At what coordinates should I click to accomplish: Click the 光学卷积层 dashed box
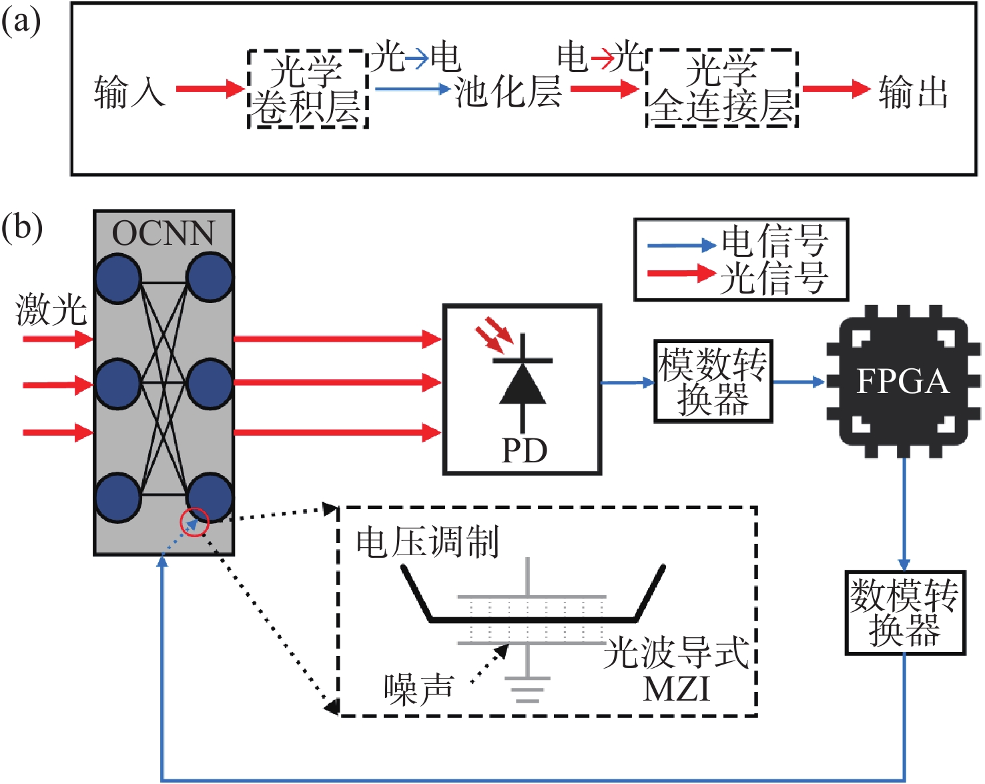click(x=308, y=89)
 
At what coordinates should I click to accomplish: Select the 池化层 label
click(x=507, y=91)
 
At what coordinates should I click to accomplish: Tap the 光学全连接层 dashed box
click(x=722, y=88)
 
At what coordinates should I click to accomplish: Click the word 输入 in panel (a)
click(x=129, y=91)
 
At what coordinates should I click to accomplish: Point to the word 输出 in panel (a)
click(x=913, y=91)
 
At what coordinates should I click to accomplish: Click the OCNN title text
click(x=163, y=234)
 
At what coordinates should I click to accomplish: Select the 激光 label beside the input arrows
click(x=51, y=310)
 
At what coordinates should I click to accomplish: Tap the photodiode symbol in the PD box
click(x=523, y=384)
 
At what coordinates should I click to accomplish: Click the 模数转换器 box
click(x=713, y=382)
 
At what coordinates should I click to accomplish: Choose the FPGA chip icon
click(x=903, y=382)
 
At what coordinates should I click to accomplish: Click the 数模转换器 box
click(x=905, y=613)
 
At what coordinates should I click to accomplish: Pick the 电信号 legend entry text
click(x=774, y=242)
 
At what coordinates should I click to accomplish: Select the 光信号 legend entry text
click(x=774, y=278)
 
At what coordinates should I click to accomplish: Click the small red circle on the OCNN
click(x=195, y=522)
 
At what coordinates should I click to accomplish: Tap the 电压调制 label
click(x=427, y=542)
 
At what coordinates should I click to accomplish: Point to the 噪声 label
click(x=418, y=689)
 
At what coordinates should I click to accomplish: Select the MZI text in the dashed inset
click(x=676, y=689)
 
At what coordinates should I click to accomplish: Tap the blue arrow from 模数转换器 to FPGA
click(x=799, y=382)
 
